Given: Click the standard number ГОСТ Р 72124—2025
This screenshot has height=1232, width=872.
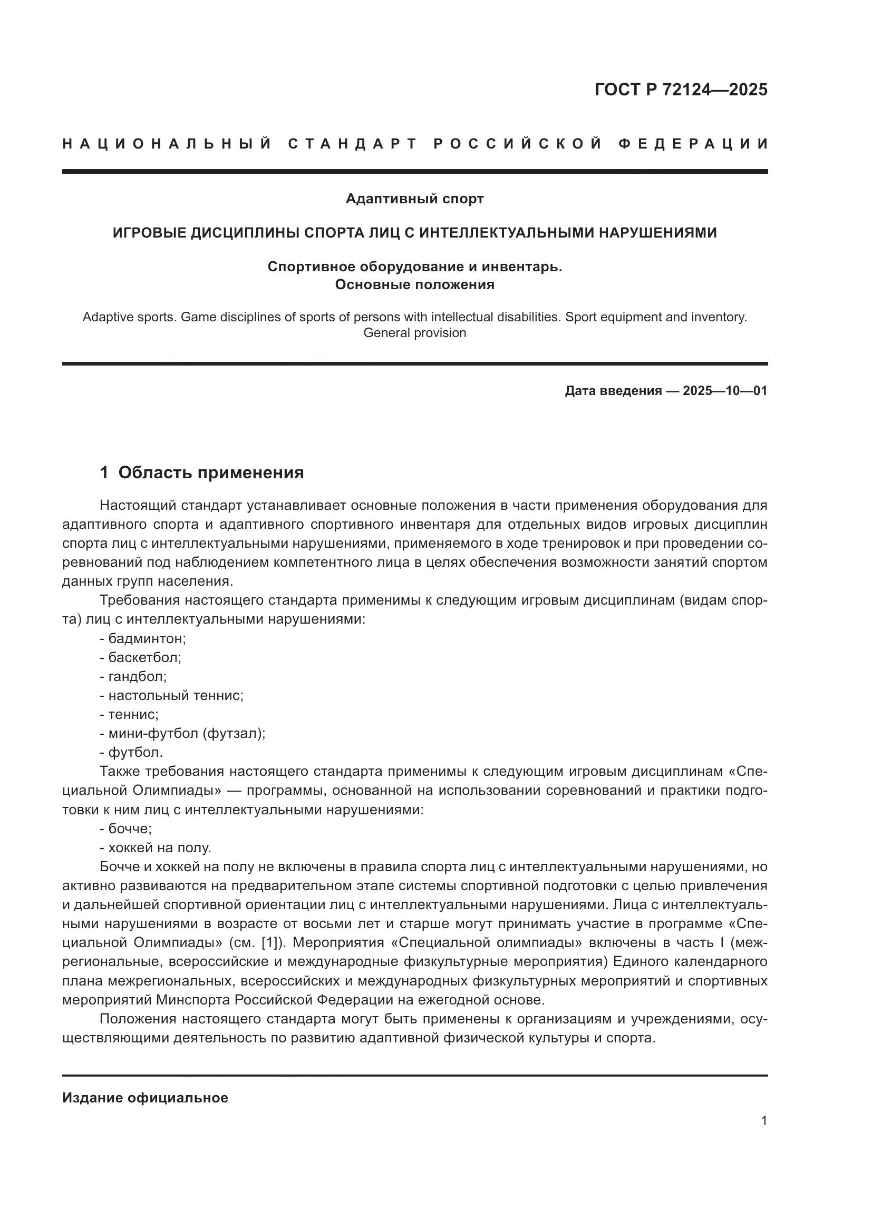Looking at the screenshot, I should (x=681, y=90).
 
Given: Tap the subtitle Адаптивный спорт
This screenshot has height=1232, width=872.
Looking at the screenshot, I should (x=414, y=199).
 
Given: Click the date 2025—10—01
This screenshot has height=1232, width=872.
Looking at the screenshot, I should (x=725, y=391).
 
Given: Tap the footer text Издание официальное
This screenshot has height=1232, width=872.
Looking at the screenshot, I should (x=145, y=1098).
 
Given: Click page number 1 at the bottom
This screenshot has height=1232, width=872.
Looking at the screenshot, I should (x=764, y=1121).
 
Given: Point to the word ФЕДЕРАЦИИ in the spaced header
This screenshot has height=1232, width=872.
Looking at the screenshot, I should (x=693, y=144).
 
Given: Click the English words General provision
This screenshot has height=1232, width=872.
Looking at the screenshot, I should (x=414, y=333).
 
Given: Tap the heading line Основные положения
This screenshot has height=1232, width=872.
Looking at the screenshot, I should (x=414, y=284).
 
